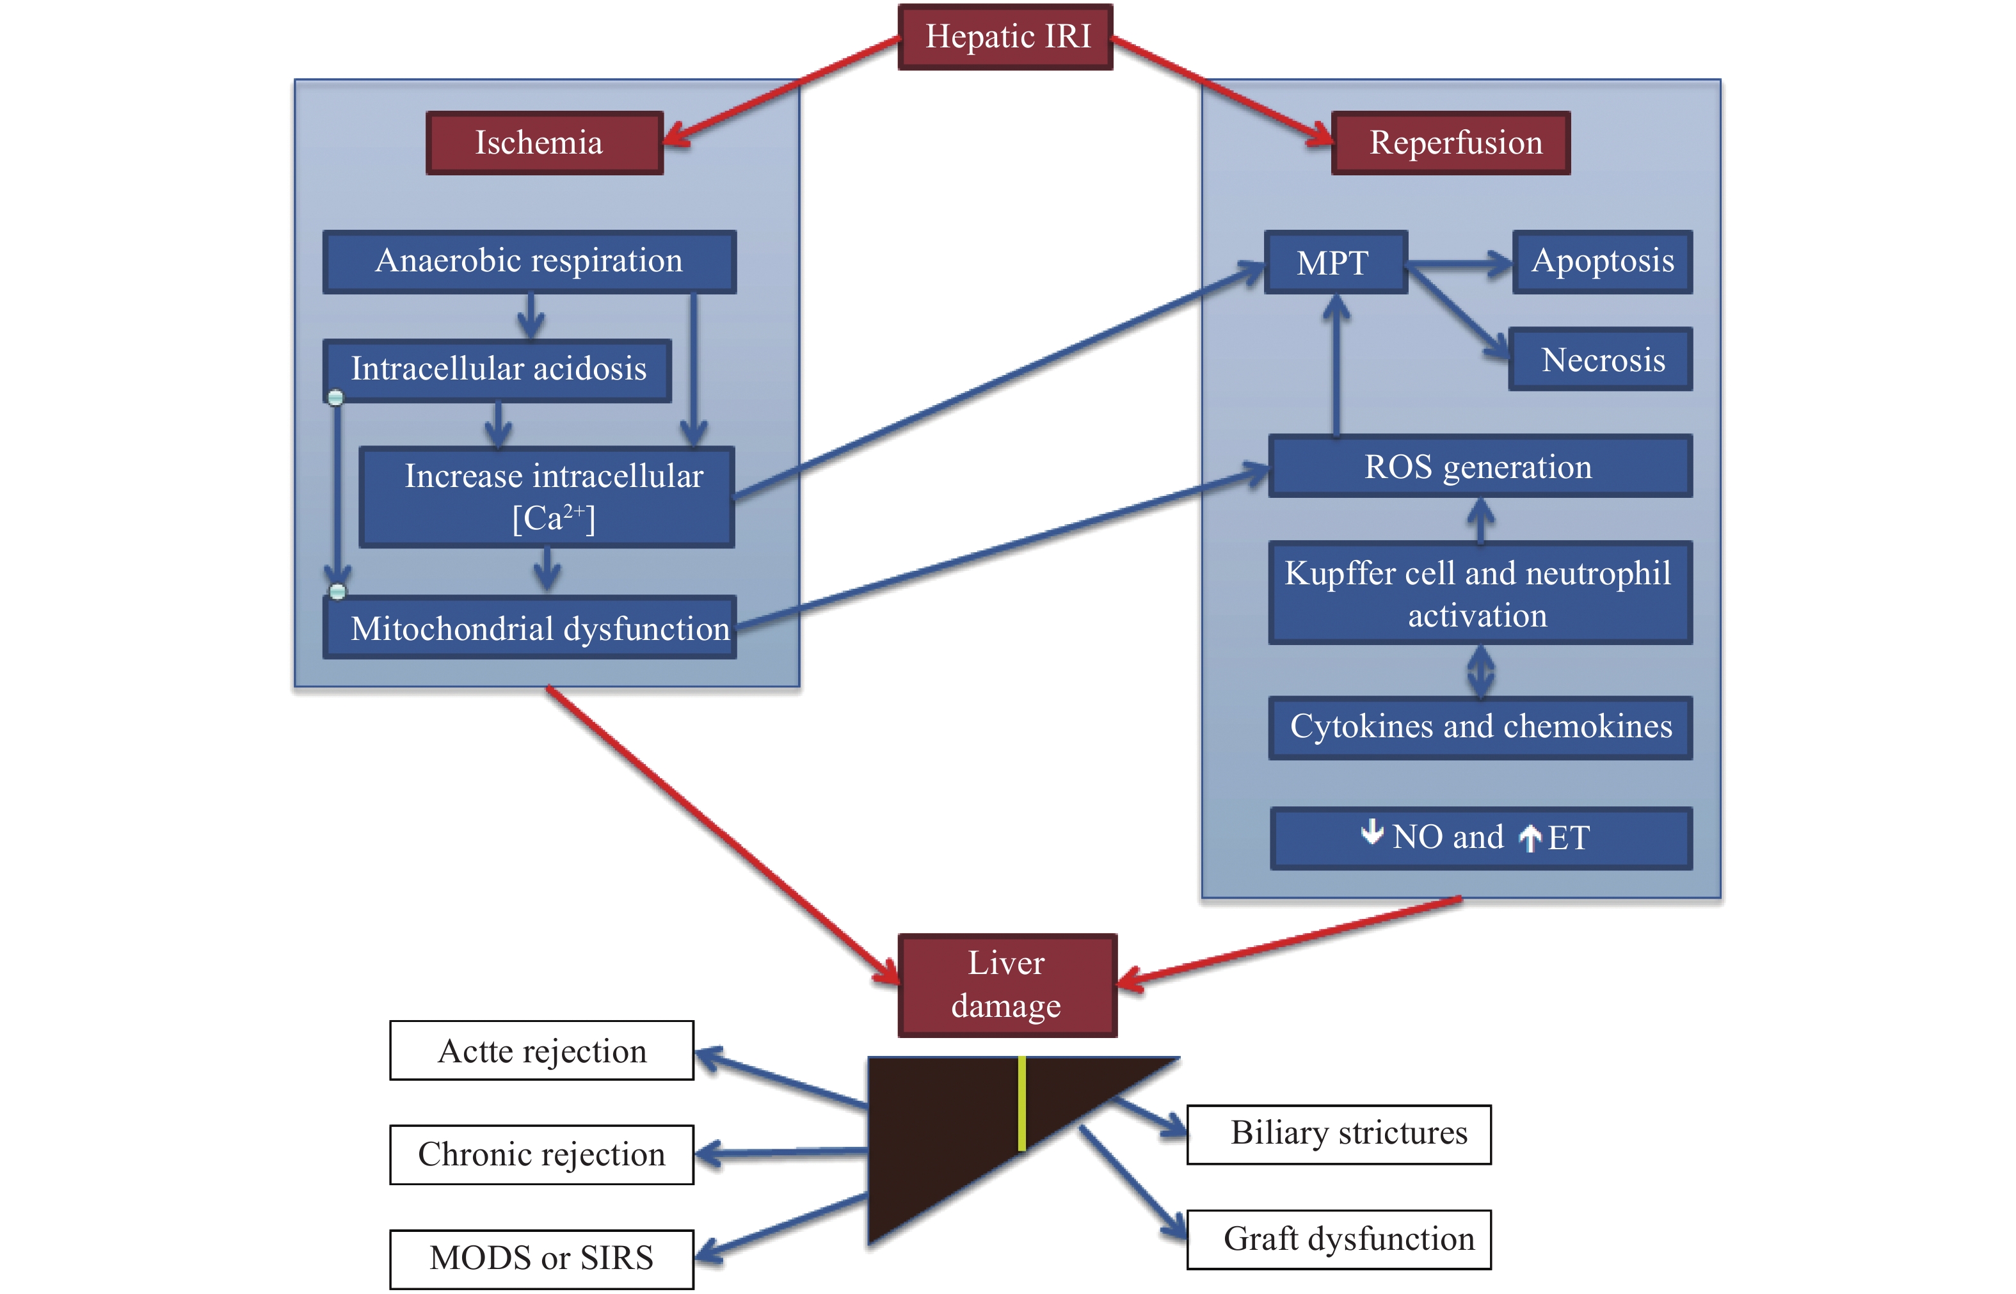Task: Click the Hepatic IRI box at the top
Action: (1006, 37)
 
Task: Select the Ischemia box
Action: (545, 143)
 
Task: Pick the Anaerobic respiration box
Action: (529, 261)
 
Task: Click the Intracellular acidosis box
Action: (497, 370)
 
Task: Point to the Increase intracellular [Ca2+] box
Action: (547, 497)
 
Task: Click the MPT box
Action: (1335, 262)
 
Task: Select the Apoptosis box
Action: (1602, 261)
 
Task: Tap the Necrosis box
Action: (1600, 360)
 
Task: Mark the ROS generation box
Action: (1479, 467)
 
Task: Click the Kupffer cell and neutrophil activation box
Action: (1479, 593)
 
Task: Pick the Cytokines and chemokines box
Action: (1480, 727)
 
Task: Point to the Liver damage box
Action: (1007, 985)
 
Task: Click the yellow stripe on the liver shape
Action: (1022, 1103)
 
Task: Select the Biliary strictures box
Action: (1339, 1135)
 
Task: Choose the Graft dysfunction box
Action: (1339, 1240)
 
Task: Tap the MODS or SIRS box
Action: (542, 1259)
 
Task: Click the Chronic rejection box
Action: (542, 1154)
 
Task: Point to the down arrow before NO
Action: (1372, 832)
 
